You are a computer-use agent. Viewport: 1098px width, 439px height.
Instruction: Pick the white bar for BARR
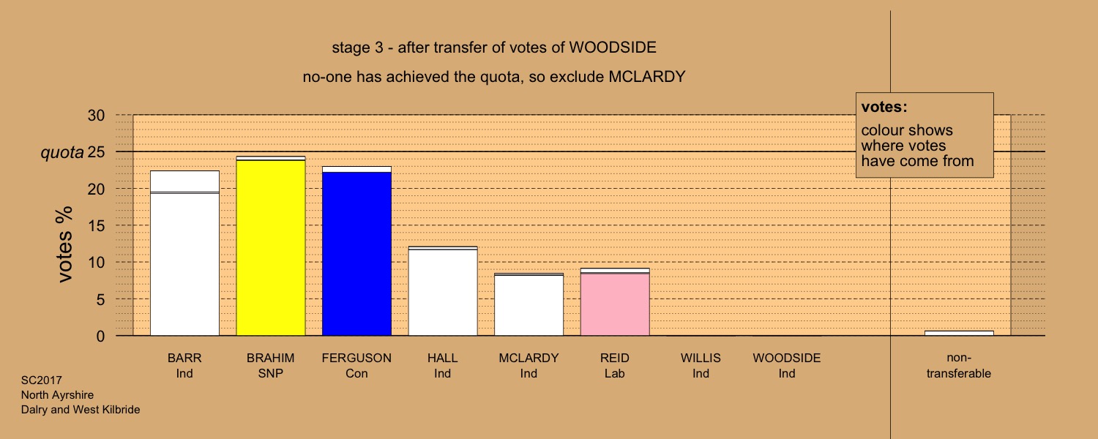coord(184,253)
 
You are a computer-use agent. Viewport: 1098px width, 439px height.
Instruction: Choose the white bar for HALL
coord(443,291)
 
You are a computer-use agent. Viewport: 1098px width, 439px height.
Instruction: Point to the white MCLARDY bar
coord(529,304)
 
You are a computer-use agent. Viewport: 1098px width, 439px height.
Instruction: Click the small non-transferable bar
coord(959,333)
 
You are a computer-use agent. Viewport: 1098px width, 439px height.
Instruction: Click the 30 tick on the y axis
coord(96,116)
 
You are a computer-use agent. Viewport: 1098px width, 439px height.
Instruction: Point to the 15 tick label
coord(96,226)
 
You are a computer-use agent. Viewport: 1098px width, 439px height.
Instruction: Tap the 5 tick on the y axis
coord(100,299)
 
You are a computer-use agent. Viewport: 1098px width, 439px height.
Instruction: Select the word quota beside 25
coord(61,153)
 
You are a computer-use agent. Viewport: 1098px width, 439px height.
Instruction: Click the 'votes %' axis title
coord(64,244)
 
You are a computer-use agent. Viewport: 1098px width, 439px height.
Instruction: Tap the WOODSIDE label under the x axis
coord(787,359)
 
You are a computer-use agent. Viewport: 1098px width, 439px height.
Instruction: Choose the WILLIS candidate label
coord(701,359)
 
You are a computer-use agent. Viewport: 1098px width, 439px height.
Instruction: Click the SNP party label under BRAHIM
coord(271,373)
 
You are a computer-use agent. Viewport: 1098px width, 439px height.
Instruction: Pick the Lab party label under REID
coord(615,373)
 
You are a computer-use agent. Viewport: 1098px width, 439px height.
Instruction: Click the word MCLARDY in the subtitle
coord(647,77)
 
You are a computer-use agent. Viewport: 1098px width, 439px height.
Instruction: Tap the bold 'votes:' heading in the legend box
coord(884,107)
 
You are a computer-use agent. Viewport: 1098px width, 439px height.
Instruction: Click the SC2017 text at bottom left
coord(41,380)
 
